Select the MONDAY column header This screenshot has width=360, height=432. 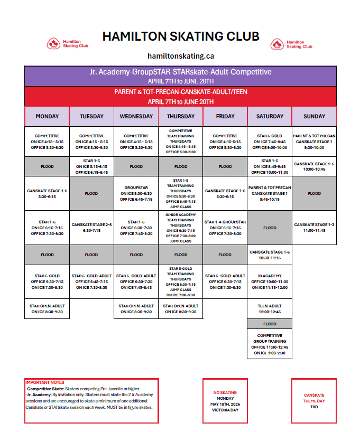(47, 116)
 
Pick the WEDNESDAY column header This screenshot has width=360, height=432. (136, 116)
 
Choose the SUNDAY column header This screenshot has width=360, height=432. (314, 116)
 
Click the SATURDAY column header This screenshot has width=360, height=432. (270, 116)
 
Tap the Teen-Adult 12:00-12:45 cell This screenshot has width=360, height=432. (270, 309)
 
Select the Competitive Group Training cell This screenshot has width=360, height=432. (270, 344)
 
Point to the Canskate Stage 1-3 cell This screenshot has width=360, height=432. (314, 228)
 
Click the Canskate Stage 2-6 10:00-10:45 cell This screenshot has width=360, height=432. (314, 166)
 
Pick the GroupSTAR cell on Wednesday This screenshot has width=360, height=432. (136, 193)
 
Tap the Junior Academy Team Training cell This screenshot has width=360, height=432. (180, 228)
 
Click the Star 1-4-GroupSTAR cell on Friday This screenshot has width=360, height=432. (225, 228)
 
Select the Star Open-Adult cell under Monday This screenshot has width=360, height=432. (47, 309)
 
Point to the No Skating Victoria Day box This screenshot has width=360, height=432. (225, 401)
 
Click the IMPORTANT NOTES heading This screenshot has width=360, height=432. (45, 382)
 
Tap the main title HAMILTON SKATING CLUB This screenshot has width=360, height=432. (181, 36)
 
